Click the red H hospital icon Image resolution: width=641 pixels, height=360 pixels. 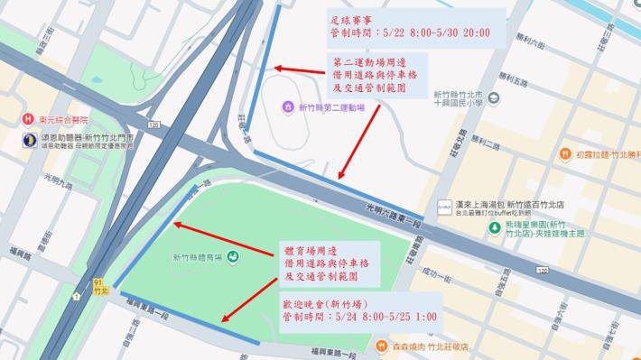coord(29,119)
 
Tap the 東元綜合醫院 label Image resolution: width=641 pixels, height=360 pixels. coord(64,119)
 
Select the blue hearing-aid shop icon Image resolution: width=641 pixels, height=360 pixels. coord(30,140)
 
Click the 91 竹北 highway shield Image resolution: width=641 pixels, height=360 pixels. coord(100,287)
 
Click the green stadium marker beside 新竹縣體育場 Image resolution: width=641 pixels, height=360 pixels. coord(233,257)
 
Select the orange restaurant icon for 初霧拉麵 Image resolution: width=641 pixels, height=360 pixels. coord(564,154)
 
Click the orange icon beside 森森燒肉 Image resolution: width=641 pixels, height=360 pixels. coord(379,345)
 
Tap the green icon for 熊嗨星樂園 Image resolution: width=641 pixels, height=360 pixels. coord(494,227)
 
